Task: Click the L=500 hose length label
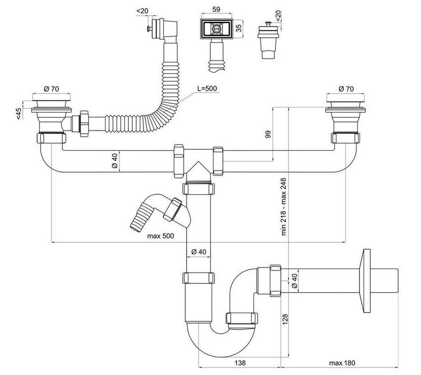pyautogui.click(x=206, y=89)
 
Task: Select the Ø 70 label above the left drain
pyautogui.click(x=51, y=89)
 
